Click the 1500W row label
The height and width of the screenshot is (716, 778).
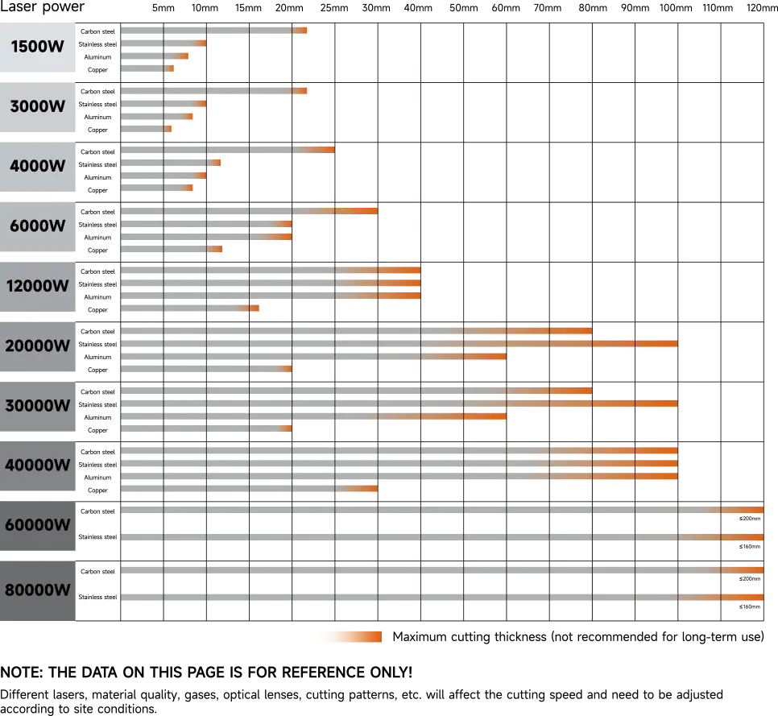click(x=38, y=47)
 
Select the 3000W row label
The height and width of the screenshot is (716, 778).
click(x=38, y=106)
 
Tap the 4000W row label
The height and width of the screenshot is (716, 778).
click(x=38, y=166)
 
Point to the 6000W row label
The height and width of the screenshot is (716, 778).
click(x=38, y=226)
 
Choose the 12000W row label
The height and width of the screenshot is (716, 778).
click(x=38, y=286)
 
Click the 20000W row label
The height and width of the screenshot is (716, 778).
click(x=38, y=346)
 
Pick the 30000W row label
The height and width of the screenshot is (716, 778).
click(x=38, y=406)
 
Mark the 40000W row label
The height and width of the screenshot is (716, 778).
click(x=38, y=466)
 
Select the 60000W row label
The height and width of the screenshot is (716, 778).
click(x=38, y=525)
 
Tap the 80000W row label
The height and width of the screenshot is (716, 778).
click(x=38, y=590)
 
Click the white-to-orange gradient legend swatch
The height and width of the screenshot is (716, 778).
click(x=347, y=635)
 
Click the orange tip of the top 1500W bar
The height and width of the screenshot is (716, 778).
click(x=302, y=31)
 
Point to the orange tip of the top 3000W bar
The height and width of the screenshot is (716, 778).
click(x=302, y=90)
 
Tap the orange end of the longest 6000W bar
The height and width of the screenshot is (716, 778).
click(x=366, y=212)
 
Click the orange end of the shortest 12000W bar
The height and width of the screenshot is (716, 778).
click(x=254, y=308)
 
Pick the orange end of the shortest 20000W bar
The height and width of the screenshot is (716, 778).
click(x=287, y=368)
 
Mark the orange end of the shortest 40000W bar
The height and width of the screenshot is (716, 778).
click(x=366, y=489)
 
